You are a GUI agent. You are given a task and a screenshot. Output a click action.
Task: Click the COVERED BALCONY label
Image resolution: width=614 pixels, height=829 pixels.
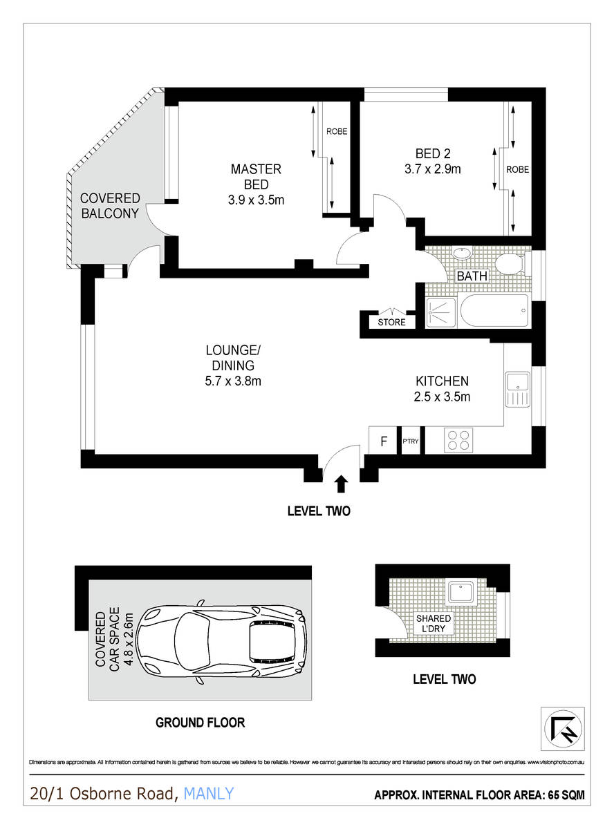click(111, 206)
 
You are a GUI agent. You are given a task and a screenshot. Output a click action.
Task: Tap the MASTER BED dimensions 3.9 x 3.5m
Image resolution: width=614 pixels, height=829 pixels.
click(256, 201)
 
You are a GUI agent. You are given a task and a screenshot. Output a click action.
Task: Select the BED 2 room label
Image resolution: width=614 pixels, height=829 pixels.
click(433, 153)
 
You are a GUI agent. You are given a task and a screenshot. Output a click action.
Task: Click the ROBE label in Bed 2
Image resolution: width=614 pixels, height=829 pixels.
click(518, 169)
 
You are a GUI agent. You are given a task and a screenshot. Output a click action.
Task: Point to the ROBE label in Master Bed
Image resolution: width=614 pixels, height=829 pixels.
click(337, 131)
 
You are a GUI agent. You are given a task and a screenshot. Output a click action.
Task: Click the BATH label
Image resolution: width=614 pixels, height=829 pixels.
click(472, 276)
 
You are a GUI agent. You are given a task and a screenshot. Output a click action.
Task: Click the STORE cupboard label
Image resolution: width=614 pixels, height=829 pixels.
click(391, 323)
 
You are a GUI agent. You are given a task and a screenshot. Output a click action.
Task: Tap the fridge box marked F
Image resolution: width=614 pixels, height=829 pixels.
click(384, 440)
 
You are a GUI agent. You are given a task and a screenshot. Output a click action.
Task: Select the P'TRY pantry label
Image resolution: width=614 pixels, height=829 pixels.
click(411, 440)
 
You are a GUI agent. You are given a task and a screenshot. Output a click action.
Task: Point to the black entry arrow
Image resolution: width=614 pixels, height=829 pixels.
click(341, 484)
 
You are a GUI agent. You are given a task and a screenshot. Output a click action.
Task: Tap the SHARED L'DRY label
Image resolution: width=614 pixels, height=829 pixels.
click(434, 624)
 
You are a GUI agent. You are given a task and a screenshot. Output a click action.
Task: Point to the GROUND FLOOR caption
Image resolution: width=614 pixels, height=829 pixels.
click(200, 723)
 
